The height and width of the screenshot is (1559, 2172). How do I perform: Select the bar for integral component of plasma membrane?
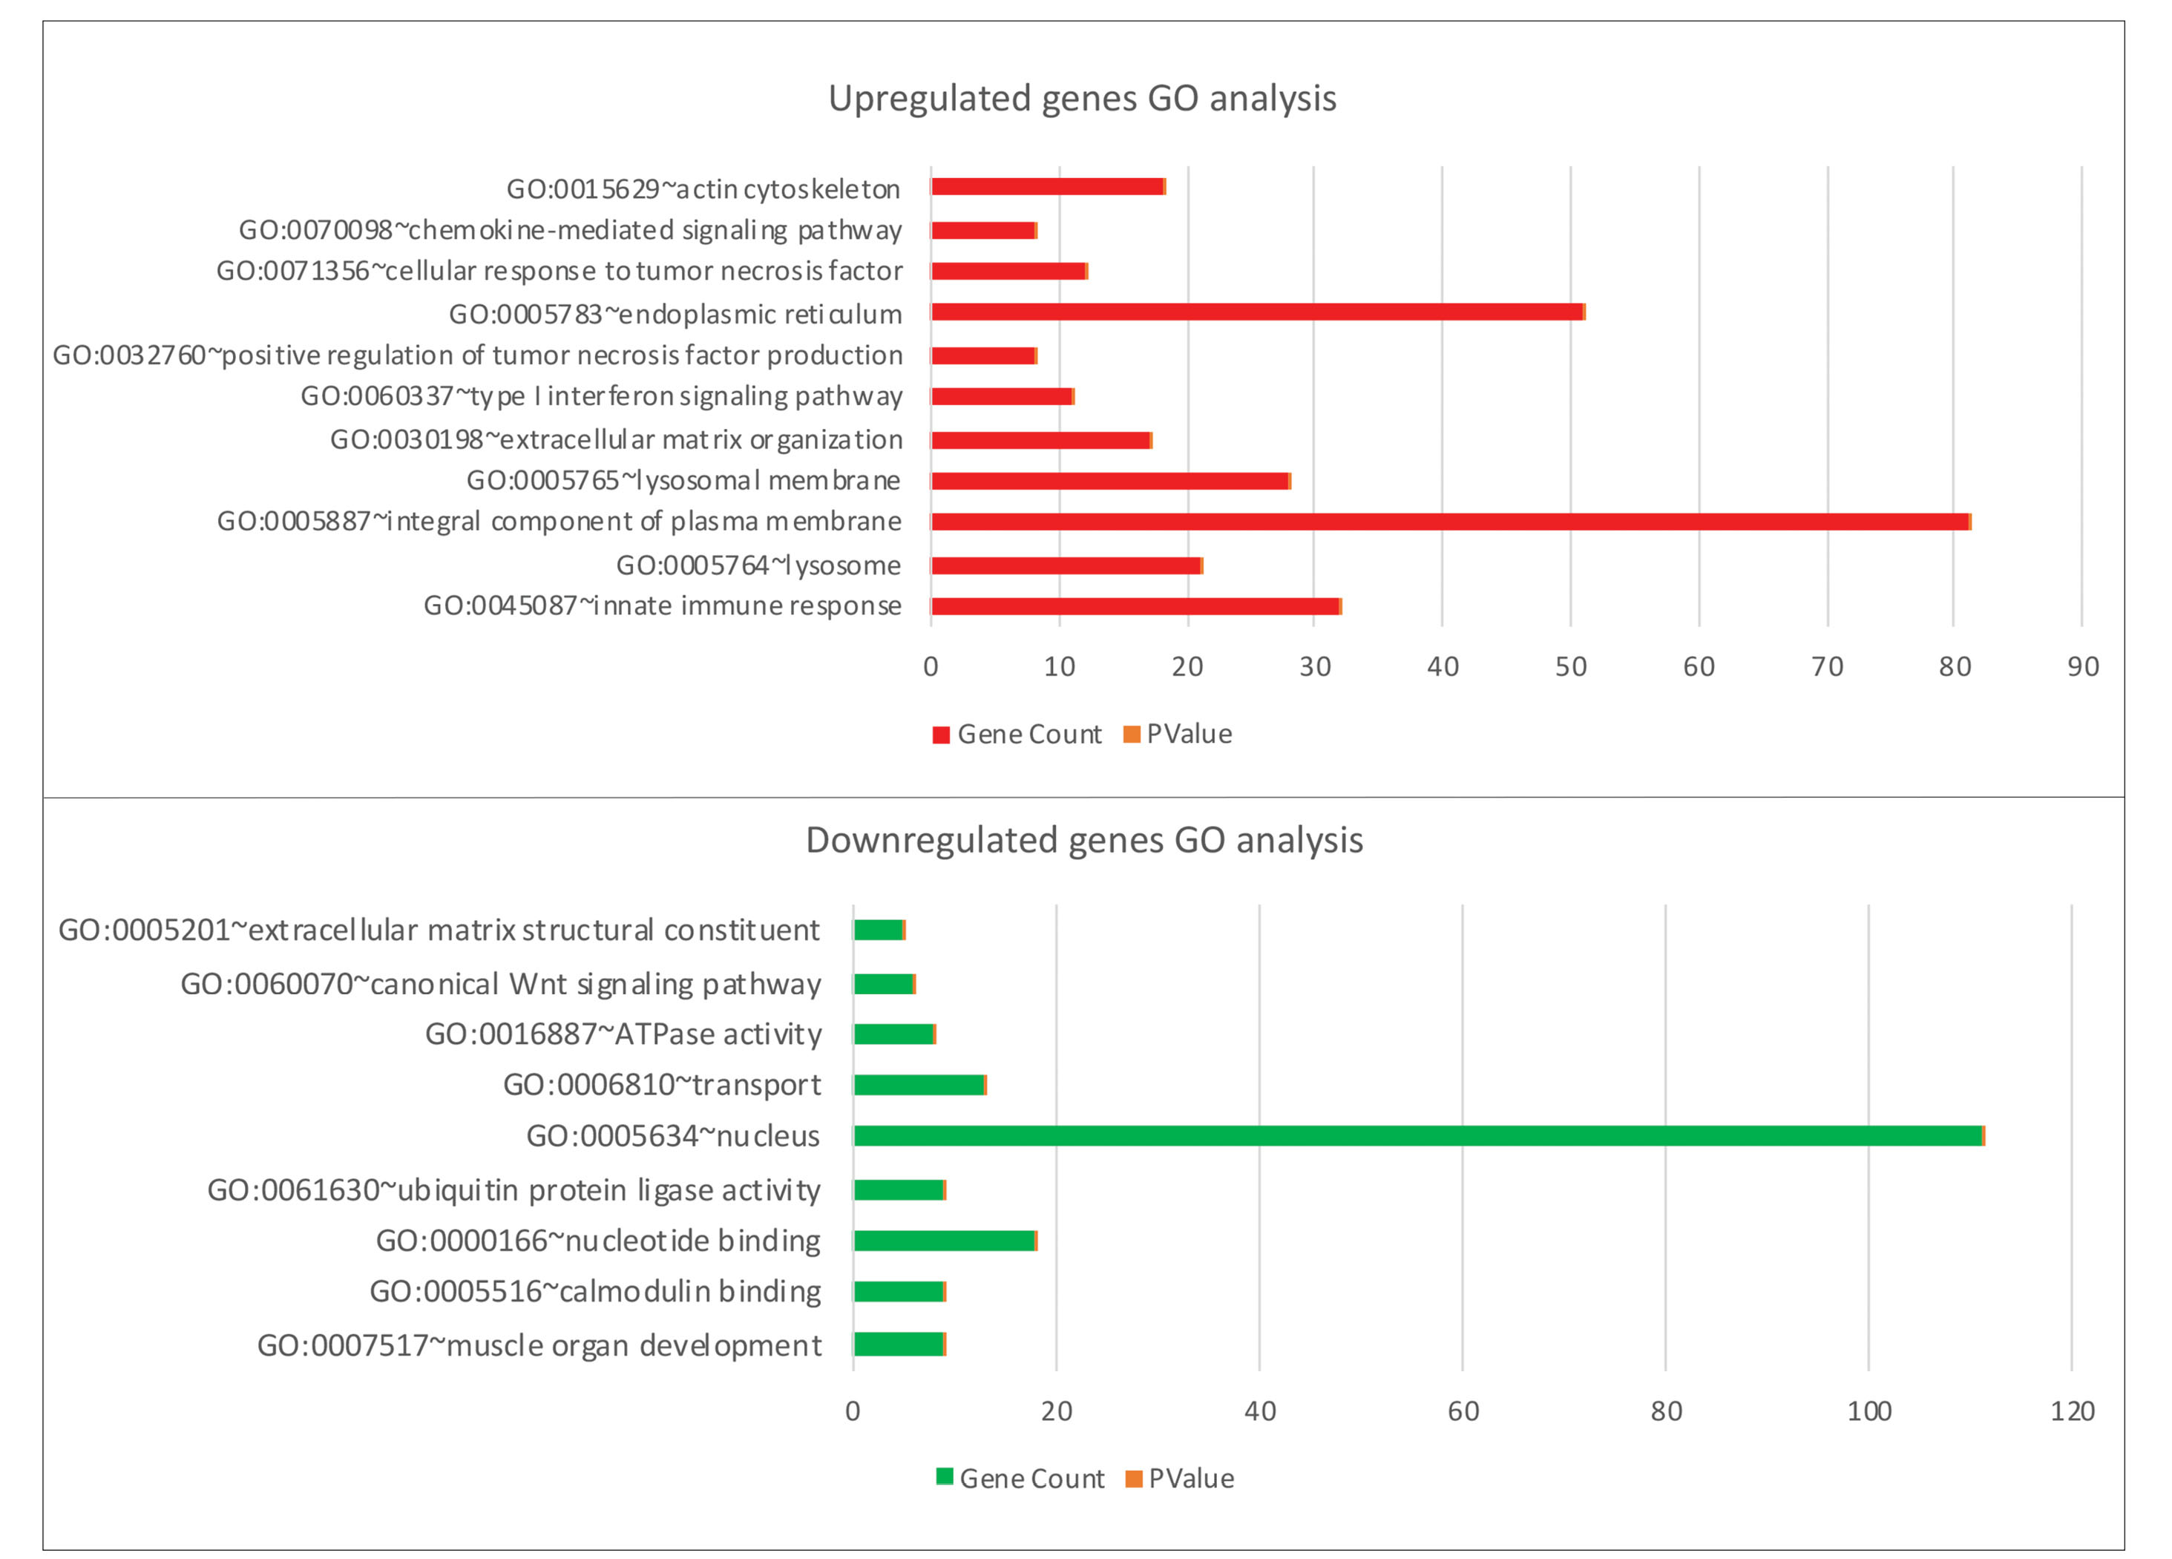[x=1449, y=522]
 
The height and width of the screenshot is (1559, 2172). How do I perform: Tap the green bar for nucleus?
[x=1417, y=1137]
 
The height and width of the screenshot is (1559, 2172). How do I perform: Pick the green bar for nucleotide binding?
[x=944, y=1241]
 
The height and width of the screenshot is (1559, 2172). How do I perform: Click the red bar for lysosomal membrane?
[x=1110, y=481]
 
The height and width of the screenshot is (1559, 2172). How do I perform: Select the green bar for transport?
[x=919, y=1085]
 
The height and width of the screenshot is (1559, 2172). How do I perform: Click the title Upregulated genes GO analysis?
[x=1082, y=99]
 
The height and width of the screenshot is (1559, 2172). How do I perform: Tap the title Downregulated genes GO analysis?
[x=1084, y=840]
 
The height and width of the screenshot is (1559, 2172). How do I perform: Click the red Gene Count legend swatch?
[x=940, y=735]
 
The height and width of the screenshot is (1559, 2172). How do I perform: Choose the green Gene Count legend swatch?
[x=944, y=1477]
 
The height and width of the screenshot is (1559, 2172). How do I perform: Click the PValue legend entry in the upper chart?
[x=1178, y=735]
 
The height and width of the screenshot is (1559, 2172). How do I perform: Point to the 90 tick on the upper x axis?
[x=2083, y=666]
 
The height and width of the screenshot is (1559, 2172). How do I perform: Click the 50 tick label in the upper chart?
[x=1571, y=666]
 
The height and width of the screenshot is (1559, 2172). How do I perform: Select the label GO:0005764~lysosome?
[x=758, y=565]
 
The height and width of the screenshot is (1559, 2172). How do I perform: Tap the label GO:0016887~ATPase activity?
[x=623, y=1034]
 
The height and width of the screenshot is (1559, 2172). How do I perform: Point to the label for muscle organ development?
[x=539, y=1345]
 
